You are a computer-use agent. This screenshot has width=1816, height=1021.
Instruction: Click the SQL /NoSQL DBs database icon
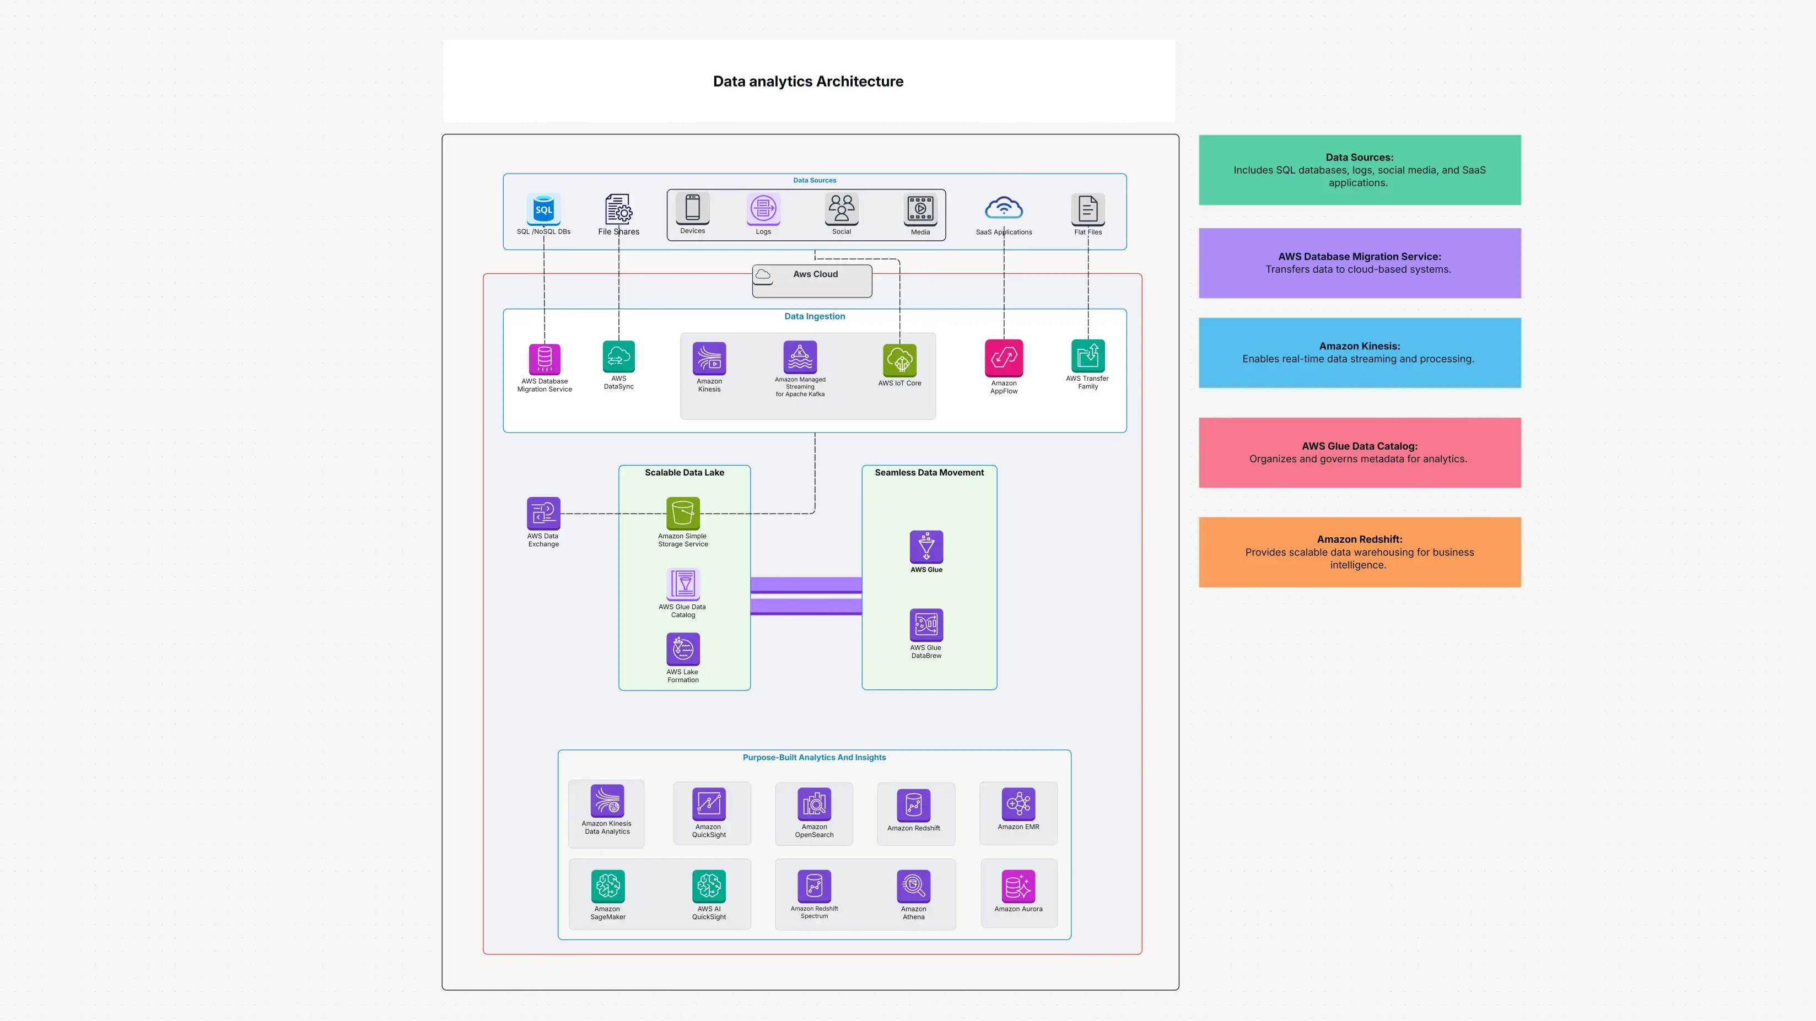(x=543, y=209)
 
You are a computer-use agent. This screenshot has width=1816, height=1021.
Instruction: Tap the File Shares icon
(x=618, y=209)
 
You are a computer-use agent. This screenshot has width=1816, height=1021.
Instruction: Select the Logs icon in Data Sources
(x=763, y=209)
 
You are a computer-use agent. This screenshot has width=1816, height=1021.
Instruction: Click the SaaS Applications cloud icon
(x=1004, y=209)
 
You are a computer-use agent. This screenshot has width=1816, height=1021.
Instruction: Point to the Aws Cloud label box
(x=812, y=280)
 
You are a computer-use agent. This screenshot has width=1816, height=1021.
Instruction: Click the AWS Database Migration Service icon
(x=544, y=359)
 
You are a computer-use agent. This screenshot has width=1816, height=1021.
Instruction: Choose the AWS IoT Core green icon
(x=899, y=360)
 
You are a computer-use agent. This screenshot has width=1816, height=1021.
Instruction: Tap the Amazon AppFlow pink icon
(x=1004, y=358)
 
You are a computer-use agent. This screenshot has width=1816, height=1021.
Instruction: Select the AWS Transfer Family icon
(x=1088, y=356)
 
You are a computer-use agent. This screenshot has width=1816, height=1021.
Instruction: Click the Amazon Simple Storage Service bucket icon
(x=682, y=513)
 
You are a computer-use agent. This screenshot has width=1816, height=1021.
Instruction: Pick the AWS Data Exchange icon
(x=543, y=513)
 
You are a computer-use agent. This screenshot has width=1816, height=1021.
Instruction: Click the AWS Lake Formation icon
(x=682, y=649)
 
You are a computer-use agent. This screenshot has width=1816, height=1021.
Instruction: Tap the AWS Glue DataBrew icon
(x=926, y=624)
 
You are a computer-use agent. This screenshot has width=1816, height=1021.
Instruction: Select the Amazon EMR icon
(x=1018, y=803)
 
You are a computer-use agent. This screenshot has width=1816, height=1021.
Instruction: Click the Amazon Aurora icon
(x=1018, y=885)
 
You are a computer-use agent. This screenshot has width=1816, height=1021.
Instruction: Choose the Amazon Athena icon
(x=914, y=885)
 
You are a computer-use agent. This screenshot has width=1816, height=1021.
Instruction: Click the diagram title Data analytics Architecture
(x=808, y=81)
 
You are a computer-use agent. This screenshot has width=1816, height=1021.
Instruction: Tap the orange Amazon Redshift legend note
(x=1359, y=552)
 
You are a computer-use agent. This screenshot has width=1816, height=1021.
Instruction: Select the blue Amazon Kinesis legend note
(x=1359, y=352)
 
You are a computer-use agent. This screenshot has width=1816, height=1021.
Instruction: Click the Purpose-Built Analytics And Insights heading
(x=814, y=758)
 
